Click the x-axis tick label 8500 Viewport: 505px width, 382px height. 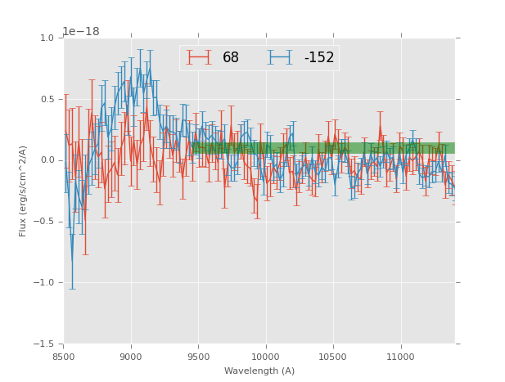click(64, 357)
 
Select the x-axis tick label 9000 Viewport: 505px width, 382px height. click(131, 357)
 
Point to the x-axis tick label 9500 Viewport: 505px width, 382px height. click(198, 357)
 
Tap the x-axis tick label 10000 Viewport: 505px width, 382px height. click(265, 357)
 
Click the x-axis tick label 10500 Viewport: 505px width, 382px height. click(333, 357)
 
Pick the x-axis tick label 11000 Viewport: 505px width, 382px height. click(400, 357)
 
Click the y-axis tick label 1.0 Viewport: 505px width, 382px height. click(46, 38)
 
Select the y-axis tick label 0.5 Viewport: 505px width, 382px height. click(46, 100)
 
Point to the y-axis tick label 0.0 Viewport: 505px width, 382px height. click(46, 160)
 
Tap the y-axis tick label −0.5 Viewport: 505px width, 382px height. click(43, 222)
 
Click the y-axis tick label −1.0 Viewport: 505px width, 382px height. click(43, 283)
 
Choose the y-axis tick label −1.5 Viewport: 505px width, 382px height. click(43, 344)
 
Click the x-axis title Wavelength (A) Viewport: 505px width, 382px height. click(259, 371)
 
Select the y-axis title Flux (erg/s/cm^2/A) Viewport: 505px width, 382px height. click(24, 191)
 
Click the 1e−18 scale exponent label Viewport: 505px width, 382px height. click(82, 32)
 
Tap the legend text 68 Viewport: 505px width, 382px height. click(231, 58)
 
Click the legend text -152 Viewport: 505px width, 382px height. click(318, 58)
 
